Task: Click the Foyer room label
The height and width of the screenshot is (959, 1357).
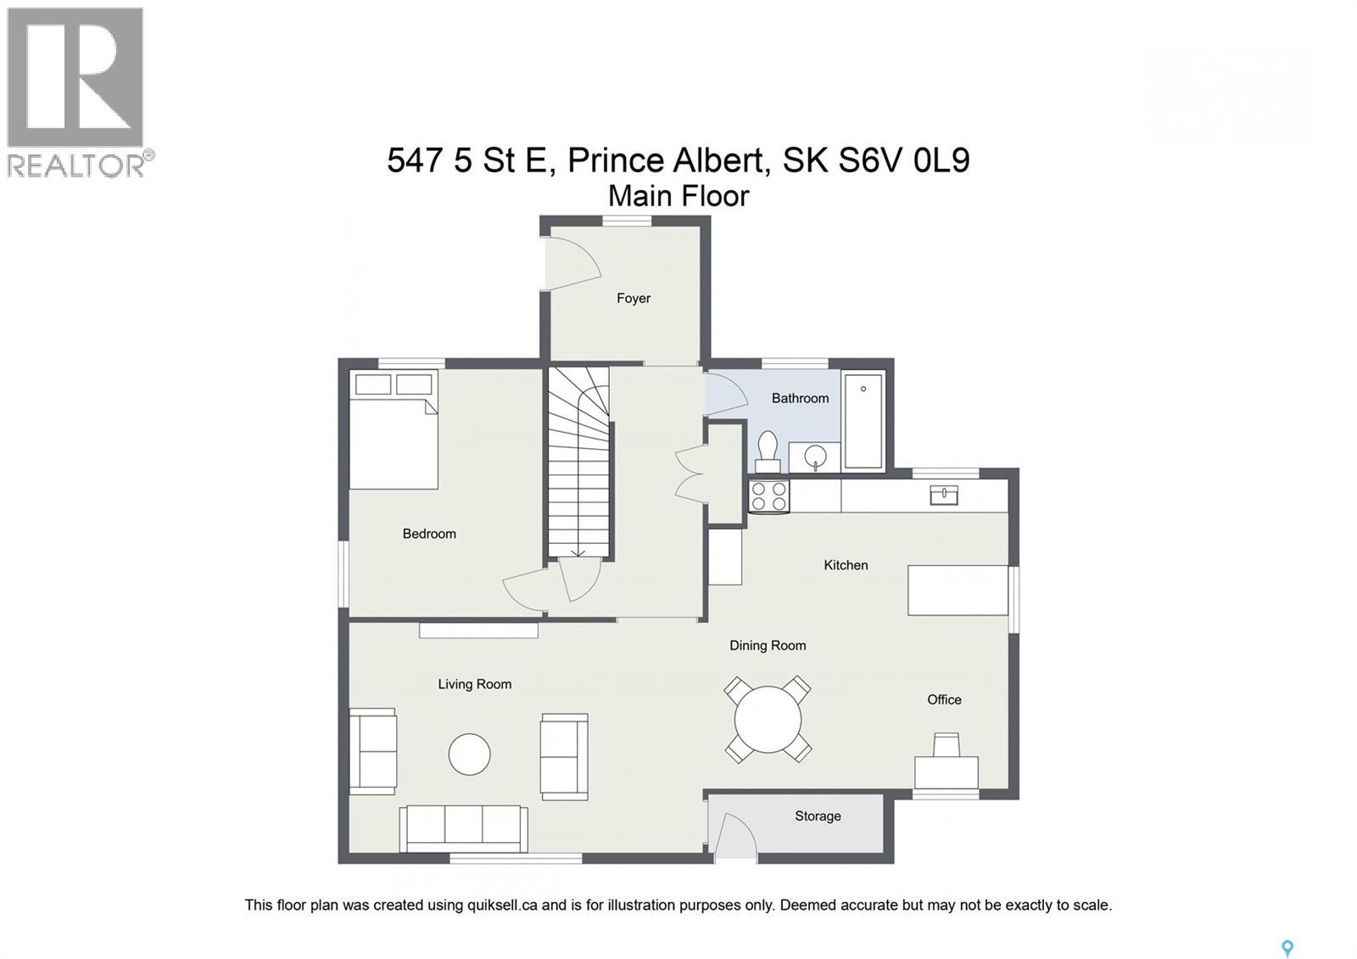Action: [634, 298]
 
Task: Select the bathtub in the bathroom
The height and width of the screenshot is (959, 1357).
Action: [863, 421]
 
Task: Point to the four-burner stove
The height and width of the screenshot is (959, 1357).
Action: [768, 496]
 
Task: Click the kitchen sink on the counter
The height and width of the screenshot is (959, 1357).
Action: [944, 495]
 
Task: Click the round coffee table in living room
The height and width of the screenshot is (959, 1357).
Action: [469, 754]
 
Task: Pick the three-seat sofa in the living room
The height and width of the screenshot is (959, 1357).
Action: [463, 827]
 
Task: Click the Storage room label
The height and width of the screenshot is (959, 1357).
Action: [818, 816]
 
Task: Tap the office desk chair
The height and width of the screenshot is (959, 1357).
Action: [947, 745]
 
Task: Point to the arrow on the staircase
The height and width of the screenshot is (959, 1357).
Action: [578, 551]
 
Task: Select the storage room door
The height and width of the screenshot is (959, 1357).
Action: [734, 837]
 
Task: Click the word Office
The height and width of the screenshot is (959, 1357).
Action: [944, 699]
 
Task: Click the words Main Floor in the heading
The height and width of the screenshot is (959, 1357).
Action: [678, 196]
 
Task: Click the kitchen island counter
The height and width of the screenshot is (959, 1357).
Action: [958, 590]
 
